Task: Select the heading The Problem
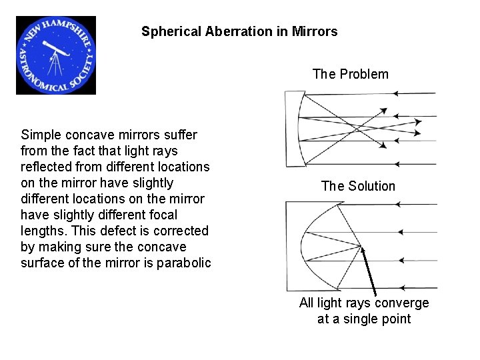[x=350, y=74]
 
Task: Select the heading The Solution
[x=358, y=186]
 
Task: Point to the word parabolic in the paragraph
[x=183, y=263]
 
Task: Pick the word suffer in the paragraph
[x=180, y=135]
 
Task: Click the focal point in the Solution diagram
[x=362, y=246]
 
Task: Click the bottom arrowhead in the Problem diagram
[x=397, y=163]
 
